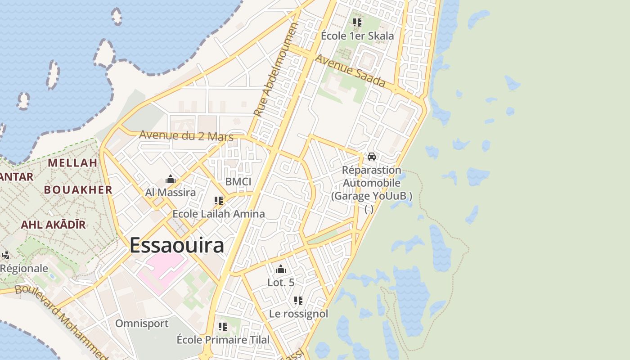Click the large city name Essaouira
pos(177,246)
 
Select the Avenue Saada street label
pos(350,71)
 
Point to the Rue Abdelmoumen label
pos(275,71)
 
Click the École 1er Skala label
pos(357,36)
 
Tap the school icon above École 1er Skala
pos(357,22)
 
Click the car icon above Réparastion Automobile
pos(372,157)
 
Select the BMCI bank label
pos(238,182)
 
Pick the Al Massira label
pos(171,193)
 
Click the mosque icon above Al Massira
pos(171,180)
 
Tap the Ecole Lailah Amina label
pos(219,214)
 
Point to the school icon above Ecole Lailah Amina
pos(219,201)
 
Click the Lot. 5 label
pos(281,283)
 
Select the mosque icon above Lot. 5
pos(281,270)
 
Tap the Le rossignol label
pos(298,314)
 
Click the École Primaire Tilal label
pos(223,340)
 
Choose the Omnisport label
pos(142,324)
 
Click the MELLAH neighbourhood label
pos(73,163)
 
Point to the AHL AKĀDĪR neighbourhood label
pos(53,225)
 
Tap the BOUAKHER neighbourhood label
pos(78,190)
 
